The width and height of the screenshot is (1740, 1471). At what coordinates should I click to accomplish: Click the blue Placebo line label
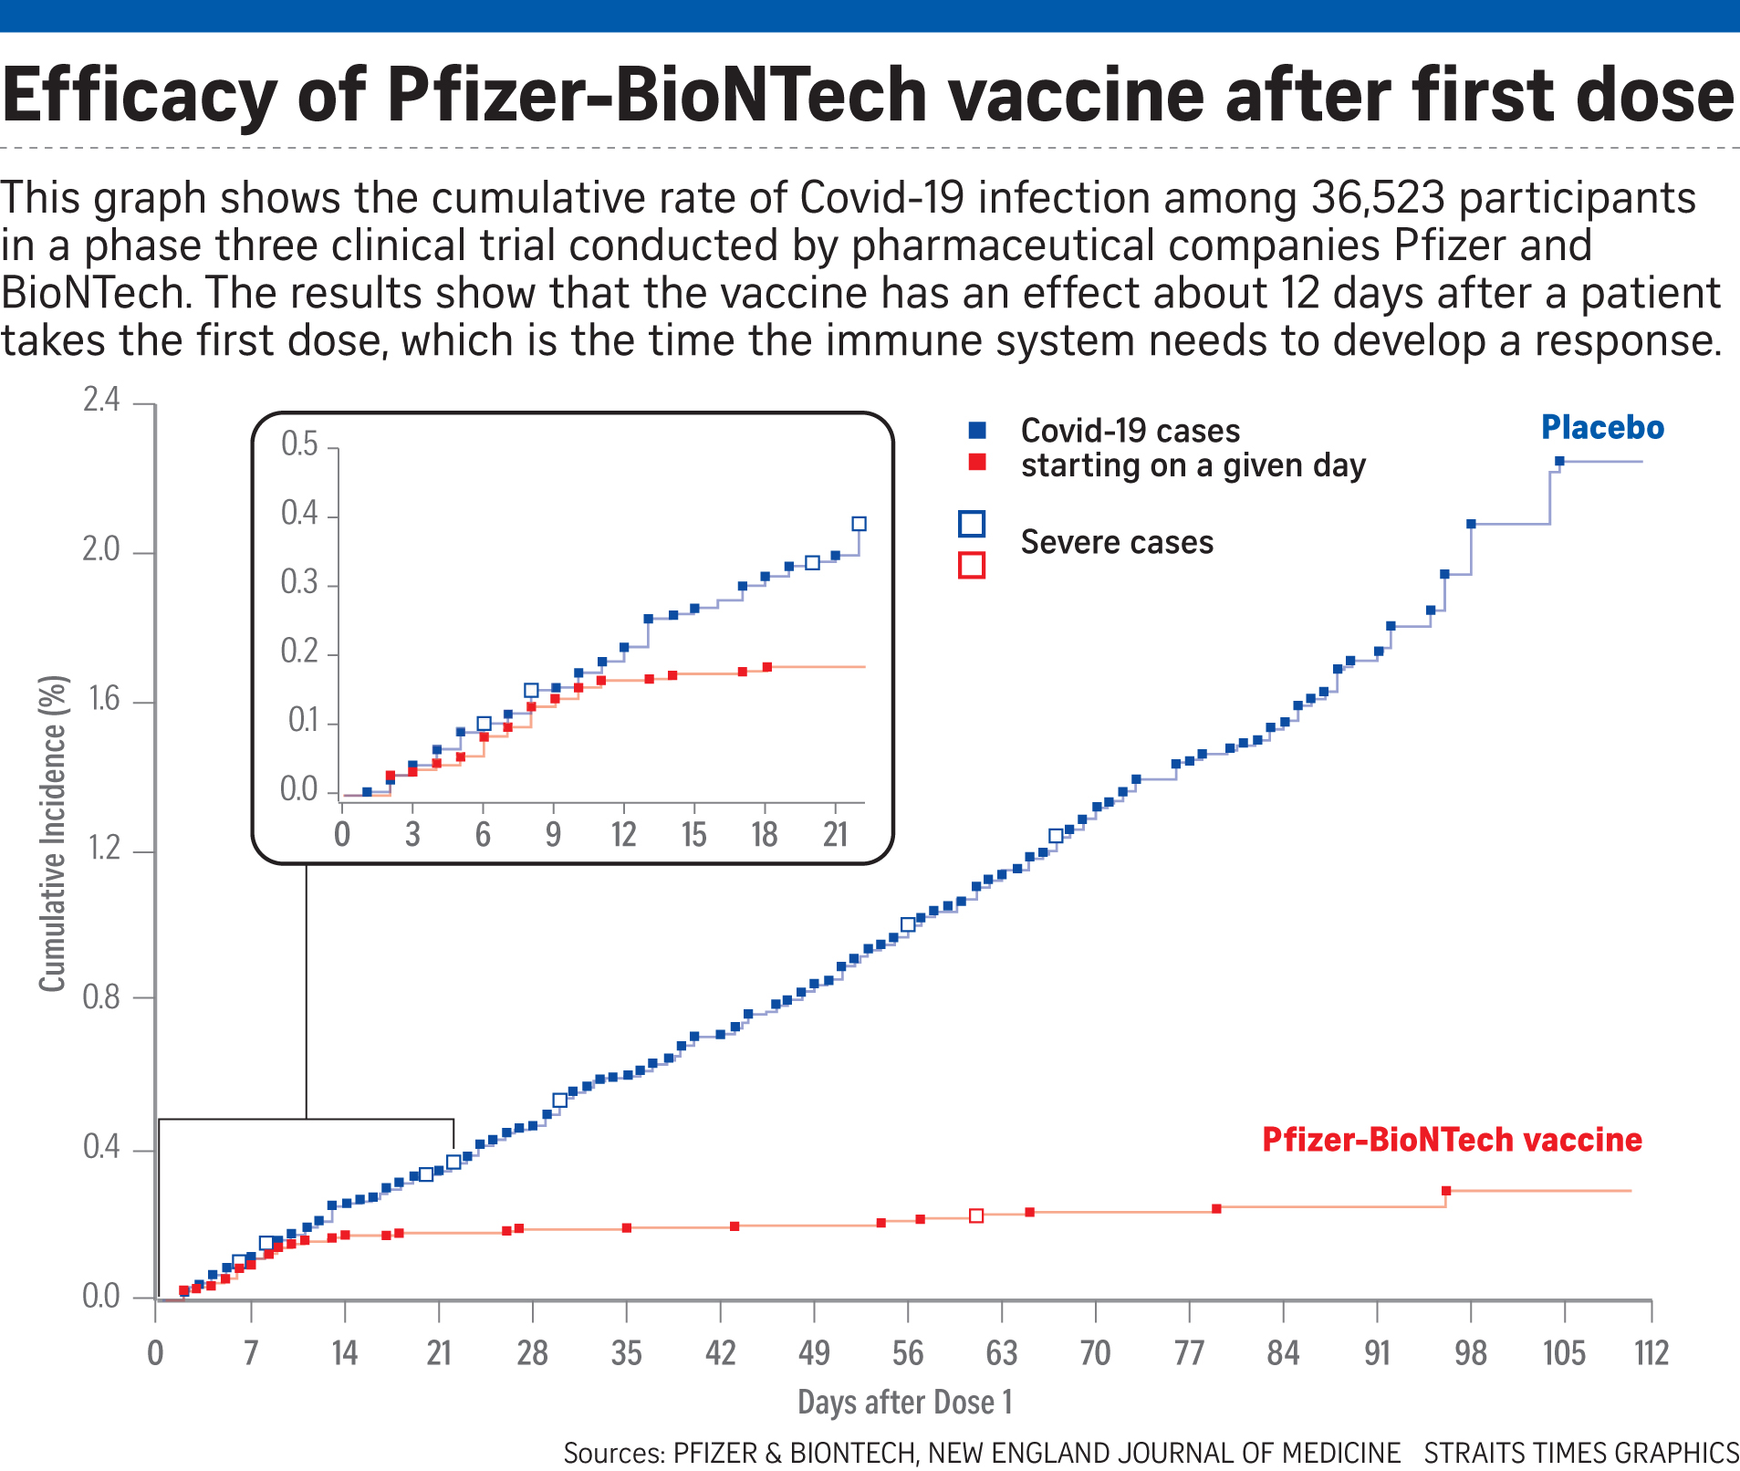coord(1602,427)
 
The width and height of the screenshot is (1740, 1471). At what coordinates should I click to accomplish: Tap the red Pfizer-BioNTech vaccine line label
coord(1452,1140)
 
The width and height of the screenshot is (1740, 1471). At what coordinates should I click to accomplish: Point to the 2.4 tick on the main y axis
coord(101,400)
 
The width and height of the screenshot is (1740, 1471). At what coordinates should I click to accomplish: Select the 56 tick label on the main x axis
coord(907,1352)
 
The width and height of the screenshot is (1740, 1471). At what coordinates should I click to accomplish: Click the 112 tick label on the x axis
coord(1651,1352)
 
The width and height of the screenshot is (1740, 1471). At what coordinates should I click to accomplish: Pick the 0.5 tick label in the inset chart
coord(299,444)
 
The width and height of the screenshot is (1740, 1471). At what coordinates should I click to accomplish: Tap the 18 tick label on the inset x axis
coord(764,834)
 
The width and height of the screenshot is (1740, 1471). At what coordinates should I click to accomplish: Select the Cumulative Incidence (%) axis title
coord(53,833)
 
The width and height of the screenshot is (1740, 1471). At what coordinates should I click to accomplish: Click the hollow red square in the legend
coord(972,566)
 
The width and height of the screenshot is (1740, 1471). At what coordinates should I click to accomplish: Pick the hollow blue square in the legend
coord(972,524)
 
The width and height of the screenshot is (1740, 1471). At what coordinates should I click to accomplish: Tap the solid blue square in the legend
coord(977,430)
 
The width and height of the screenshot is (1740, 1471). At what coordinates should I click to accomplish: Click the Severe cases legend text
coord(1117,542)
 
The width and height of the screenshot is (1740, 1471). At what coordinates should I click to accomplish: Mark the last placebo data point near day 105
coord(1559,462)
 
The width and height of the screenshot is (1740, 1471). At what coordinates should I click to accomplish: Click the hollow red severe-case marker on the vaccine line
coord(976,1215)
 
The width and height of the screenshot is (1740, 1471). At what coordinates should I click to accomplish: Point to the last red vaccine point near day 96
coord(1446,1191)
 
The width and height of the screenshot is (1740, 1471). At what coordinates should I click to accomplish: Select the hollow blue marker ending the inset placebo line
coord(859,524)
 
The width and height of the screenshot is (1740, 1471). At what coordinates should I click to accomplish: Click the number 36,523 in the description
coord(1378,198)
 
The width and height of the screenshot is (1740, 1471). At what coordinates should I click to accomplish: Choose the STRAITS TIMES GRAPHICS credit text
coord(1580,1453)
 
